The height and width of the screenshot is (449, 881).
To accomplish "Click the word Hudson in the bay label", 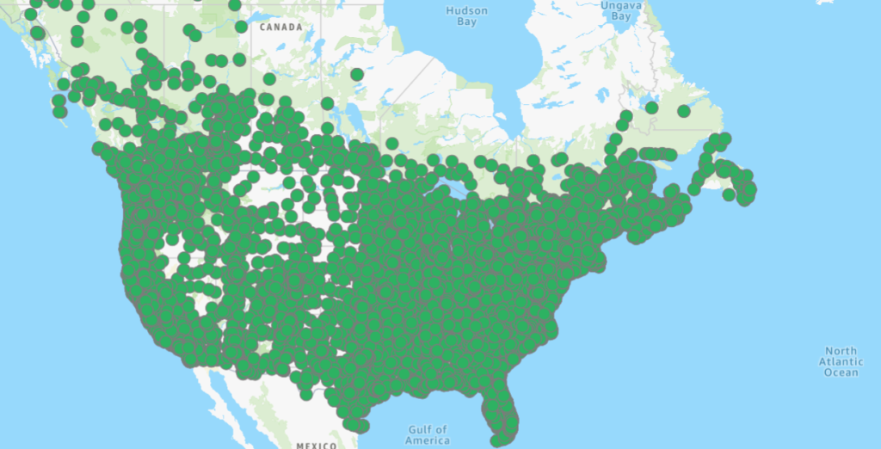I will [467, 11].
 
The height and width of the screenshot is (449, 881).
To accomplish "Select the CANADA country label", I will [281, 28].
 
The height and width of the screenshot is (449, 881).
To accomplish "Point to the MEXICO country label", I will [316, 446].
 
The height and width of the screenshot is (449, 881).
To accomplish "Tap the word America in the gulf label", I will [427, 440].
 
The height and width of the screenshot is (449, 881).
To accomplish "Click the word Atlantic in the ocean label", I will [841, 361].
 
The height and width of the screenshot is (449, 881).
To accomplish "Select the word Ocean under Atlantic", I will [841, 372].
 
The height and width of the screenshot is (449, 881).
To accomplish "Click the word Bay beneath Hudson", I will [466, 22].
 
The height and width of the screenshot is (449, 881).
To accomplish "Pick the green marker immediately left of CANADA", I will [241, 27].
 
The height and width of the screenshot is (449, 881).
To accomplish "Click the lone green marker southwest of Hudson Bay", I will [357, 75].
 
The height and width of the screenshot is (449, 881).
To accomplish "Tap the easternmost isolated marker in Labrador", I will [683, 111].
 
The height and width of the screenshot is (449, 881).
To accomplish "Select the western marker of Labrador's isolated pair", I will [651, 108].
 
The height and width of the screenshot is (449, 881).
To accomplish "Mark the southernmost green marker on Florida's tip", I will [498, 440].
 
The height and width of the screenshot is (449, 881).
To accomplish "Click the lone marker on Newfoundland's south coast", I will [730, 194].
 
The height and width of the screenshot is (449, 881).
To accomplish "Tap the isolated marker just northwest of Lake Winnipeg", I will [269, 79].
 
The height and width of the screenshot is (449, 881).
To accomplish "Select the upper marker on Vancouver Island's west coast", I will [59, 101].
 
